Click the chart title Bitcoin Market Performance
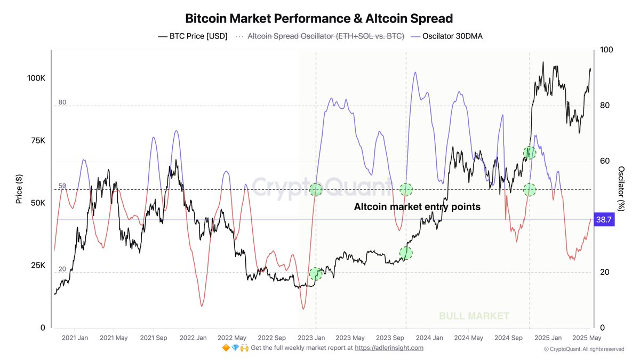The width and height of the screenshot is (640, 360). (319, 18)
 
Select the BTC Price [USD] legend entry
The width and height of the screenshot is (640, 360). (193, 36)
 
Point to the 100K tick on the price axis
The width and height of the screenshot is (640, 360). (36, 78)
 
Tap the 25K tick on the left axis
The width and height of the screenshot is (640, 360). (38, 266)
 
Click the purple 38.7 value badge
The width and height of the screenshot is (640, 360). (604, 220)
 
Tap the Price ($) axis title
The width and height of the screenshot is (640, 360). (19, 189)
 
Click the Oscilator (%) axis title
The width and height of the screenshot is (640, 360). (621, 189)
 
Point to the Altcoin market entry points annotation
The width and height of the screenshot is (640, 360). (417, 207)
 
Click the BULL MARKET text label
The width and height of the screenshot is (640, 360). (474, 316)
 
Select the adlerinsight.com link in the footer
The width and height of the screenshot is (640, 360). (389, 348)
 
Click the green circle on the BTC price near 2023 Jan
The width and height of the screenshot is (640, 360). (316, 274)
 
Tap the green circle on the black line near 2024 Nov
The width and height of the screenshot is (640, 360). (529, 153)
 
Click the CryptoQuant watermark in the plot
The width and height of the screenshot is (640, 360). (320, 187)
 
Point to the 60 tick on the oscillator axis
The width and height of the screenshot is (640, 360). (605, 161)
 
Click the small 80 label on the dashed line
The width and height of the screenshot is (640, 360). (62, 102)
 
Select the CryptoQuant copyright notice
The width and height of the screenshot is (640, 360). (583, 349)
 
